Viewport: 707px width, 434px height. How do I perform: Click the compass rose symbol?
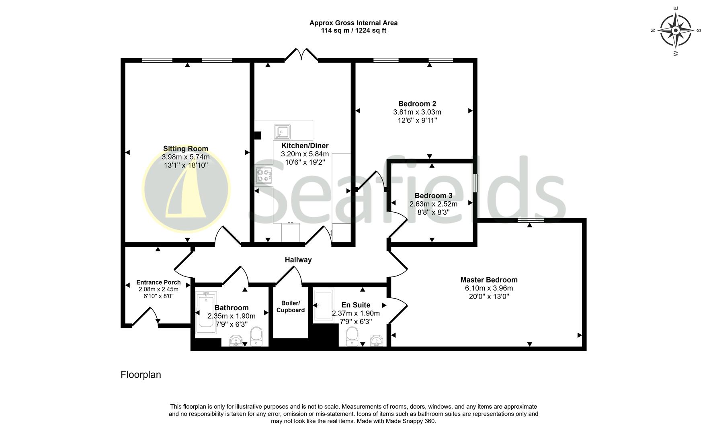click(676, 31)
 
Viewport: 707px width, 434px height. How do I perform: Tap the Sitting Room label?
click(185, 149)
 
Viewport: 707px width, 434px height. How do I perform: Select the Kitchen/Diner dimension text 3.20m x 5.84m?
click(305, 154)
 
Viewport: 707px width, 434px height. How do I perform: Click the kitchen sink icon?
click(282, 132)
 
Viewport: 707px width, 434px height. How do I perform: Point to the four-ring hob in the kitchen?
click(264, 176)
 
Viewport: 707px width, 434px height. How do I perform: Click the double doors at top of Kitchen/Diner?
click(301, 55)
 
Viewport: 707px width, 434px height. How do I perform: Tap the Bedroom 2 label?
click(417, 104)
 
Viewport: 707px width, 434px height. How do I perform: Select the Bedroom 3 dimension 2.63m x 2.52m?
click(433, 204)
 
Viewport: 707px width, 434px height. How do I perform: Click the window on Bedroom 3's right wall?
click(475, 183)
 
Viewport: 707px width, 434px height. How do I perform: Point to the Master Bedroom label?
click(489, 280)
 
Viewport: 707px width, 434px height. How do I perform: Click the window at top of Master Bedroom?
click(531, 220)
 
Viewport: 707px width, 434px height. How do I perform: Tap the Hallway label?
click(298, 260)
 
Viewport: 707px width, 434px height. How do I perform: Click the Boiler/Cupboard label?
click(290, 307)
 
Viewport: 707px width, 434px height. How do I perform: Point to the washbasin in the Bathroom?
click(236, 341)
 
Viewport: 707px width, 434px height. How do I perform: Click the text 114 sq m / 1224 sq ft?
click(353, 31)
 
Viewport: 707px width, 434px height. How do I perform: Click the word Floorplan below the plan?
click(141, 375)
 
